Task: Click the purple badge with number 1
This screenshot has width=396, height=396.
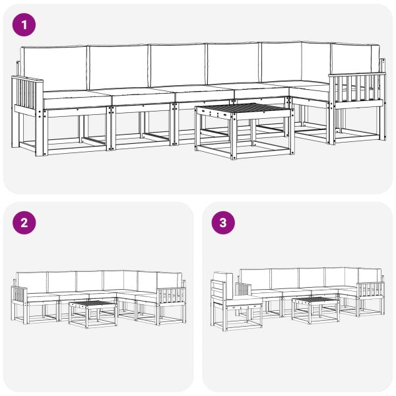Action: (25, 25)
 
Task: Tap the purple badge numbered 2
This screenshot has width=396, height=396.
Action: (25, 223)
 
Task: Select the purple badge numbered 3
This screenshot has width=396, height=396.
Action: (223, 223)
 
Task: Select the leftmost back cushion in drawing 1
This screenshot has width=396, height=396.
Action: (53, 69)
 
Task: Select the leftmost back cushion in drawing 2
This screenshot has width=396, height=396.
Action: (31, 282)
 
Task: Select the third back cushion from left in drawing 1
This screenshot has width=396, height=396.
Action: (177, 65)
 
